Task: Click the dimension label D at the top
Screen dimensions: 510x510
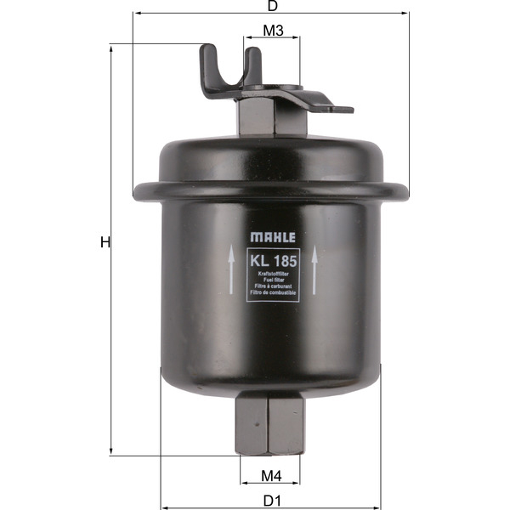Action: [x=272, y=6]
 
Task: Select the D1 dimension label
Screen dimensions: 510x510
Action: [x=271, y=500]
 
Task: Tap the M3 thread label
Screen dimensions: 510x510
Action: [x=272, y=31]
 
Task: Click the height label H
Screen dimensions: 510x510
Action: [x=105, y=243]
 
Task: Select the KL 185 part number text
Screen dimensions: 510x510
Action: [x=272, y=258]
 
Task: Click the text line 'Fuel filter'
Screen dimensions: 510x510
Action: [x=272, y=280]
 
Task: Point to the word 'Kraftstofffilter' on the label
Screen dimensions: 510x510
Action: [x=272, y=274]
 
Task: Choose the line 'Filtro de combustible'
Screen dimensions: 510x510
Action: [x=272, y=292]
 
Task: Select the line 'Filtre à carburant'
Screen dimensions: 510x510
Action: [x=272, y=286]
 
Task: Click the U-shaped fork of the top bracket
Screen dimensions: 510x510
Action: [x=229, y=68]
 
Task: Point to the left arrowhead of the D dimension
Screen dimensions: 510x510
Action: [x=136, y=14]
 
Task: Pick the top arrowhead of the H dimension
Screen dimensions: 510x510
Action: [x=112, y=48]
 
